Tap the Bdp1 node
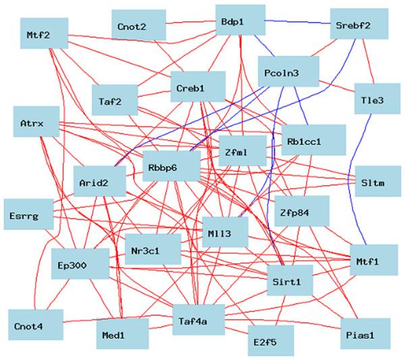click(x=241, y=22)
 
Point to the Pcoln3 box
click(x=288, y=71)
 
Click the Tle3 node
click(x=372, y=100)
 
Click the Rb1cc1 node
click(x=313, y=141)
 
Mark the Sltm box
click(x=372, y=180)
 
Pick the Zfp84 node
click(x=301, y=212)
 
